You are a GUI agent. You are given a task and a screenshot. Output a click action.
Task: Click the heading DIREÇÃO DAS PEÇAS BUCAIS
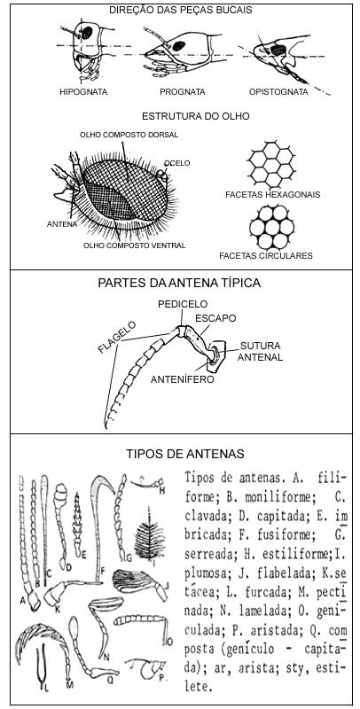tap(181, 10)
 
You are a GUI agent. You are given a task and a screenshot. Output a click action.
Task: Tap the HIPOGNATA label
tap(83, 92)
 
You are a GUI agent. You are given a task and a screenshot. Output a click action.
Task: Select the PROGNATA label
tap(183, 92)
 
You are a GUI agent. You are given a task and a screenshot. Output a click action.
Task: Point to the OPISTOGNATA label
tap(278, 92)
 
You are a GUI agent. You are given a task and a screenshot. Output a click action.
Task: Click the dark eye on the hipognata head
tap(86, 33)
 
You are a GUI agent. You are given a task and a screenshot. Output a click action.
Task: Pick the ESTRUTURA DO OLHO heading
tap(196, 116)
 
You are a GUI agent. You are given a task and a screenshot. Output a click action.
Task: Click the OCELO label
tap(177, 163)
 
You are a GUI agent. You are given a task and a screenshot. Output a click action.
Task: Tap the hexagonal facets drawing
tap(271, 164)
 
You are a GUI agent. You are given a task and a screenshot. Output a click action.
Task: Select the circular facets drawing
tap(271, 226)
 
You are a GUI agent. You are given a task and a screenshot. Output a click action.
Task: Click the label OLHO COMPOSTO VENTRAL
tap(134, 245)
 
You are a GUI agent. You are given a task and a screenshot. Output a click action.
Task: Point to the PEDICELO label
tap(183, 304)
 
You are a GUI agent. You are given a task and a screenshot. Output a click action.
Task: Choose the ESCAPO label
tap(215, 318)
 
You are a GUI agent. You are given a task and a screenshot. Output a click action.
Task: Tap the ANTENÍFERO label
tap(183, 380)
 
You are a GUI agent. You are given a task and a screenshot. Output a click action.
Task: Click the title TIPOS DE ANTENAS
tap(185, 454)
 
